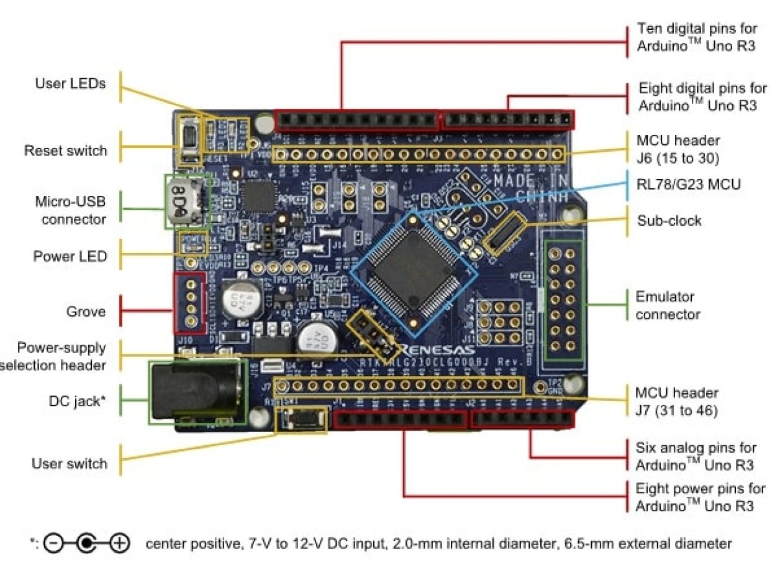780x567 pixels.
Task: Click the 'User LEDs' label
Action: (70, 83)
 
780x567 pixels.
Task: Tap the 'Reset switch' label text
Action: (65, 150)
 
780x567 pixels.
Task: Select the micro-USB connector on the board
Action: (186, 201)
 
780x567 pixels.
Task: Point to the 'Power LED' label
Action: (70, 256)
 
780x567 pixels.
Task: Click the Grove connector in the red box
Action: (190, 303)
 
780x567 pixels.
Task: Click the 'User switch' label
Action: (69, 464)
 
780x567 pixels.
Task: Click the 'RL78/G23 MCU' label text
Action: (689, 184)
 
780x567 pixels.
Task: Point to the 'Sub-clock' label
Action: (669, 221)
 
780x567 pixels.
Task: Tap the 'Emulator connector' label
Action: (667, 305)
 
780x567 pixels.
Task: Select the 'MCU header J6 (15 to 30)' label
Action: (678, 149)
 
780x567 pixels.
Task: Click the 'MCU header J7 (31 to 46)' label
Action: (676, 402)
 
